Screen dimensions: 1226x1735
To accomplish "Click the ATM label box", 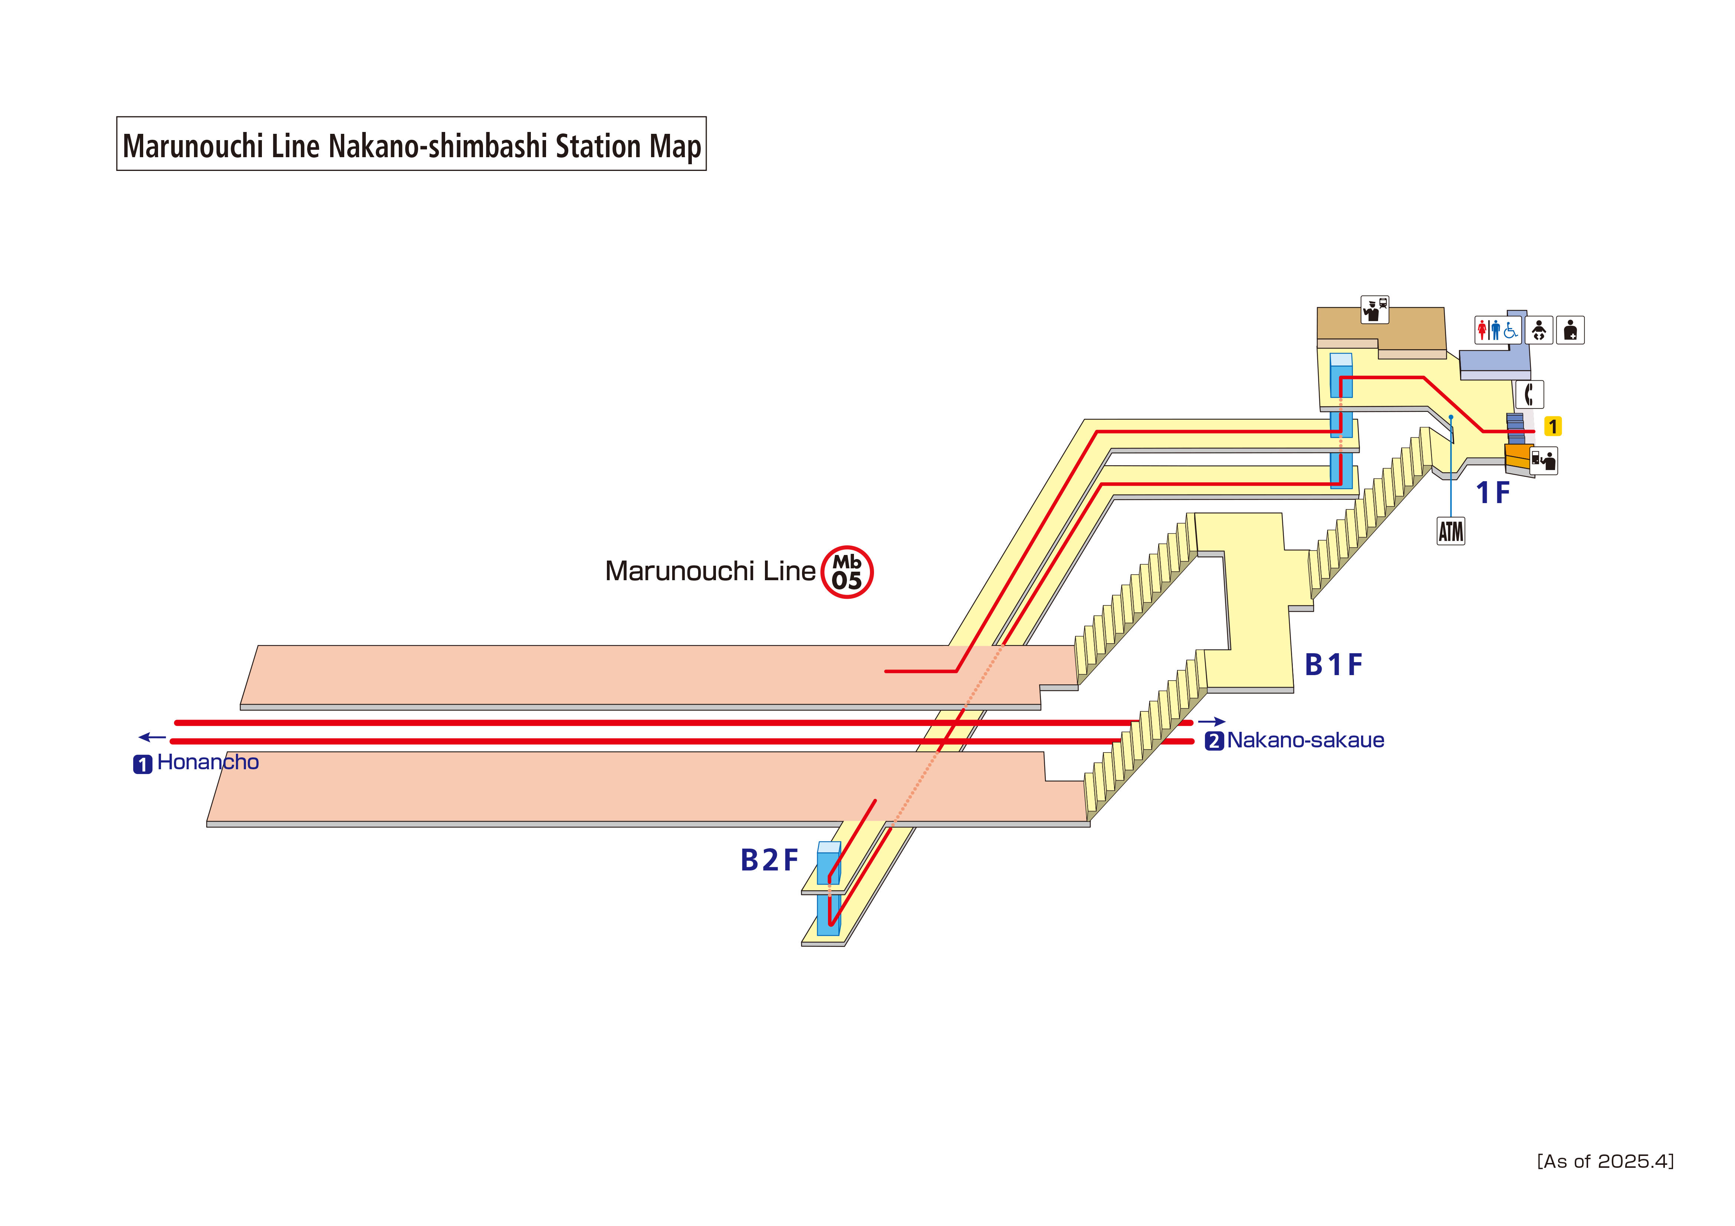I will click(1450, 531).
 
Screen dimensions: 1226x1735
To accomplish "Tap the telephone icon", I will click(1529, 394).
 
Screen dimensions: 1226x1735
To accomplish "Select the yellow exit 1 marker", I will click(1552, 427).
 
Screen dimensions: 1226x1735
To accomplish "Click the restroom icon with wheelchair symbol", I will click(1497, 330).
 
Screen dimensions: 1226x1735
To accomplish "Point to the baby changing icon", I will click(1538, 330).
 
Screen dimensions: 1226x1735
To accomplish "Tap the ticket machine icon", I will click(1543, 460).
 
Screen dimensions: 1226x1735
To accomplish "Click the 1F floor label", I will click(1492, 493).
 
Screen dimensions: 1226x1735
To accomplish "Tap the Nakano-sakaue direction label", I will click(1305, 740).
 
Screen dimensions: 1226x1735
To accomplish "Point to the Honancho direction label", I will click(207, 762).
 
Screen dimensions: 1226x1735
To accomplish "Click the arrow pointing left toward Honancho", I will click(152, 737).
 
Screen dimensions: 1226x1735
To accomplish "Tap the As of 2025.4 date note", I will click(1605, 1161).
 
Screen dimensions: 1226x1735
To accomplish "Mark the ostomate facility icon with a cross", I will click(1570, 330).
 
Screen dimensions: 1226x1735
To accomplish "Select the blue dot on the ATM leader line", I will click(1451, 417).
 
